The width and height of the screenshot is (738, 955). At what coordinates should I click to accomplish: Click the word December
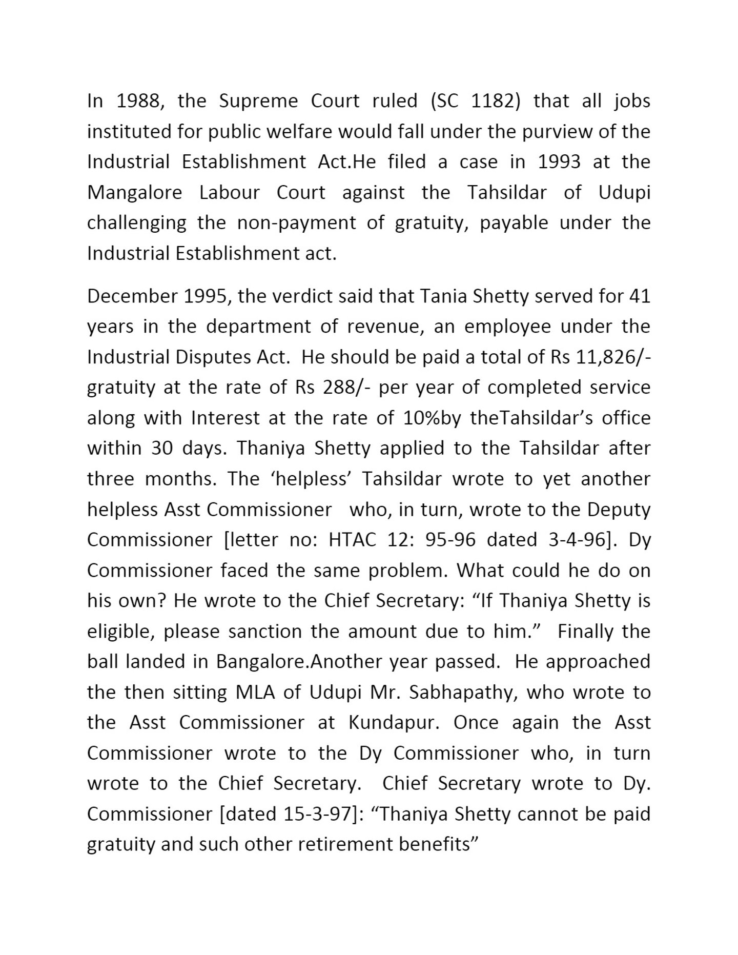(129, 296)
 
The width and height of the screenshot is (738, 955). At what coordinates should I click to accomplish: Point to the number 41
(639, 296)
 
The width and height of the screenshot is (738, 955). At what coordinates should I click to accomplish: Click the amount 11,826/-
(613, 357)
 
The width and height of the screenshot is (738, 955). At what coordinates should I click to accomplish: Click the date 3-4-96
(579, 540)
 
